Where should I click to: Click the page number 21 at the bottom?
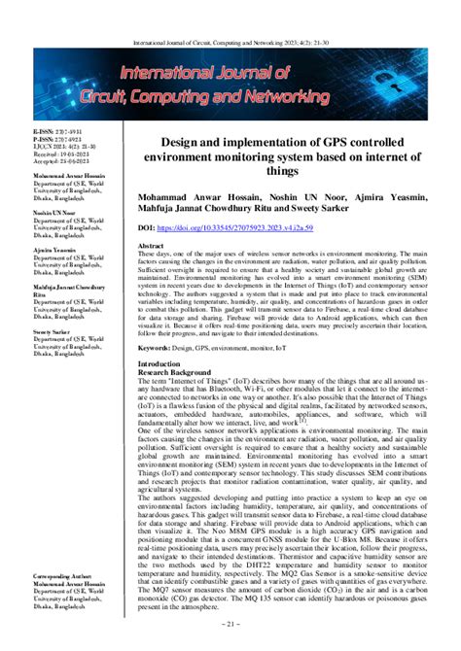tap(230, 640)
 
